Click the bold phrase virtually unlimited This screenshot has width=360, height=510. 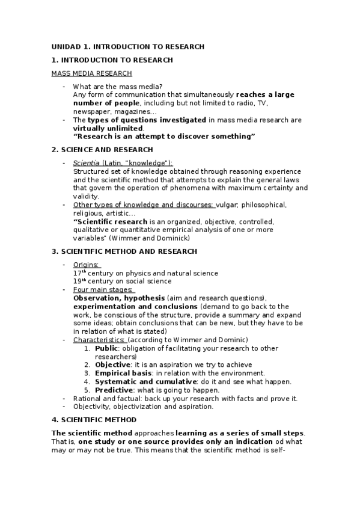coord(108,128)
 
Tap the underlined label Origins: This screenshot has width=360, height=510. coord(87,265)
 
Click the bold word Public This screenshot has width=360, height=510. coord(106,348)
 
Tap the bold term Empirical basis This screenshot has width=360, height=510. coord(119,373)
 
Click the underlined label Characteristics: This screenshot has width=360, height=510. coord(99,340)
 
